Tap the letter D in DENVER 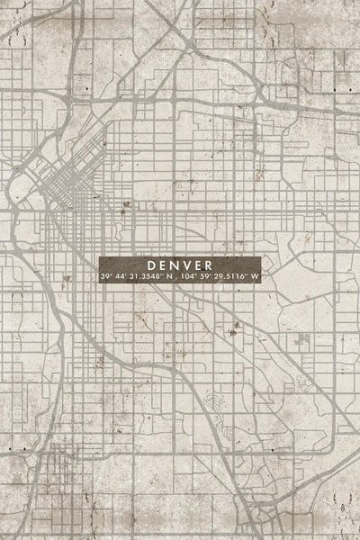coord(149,265)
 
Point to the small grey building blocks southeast coord(303,341)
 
